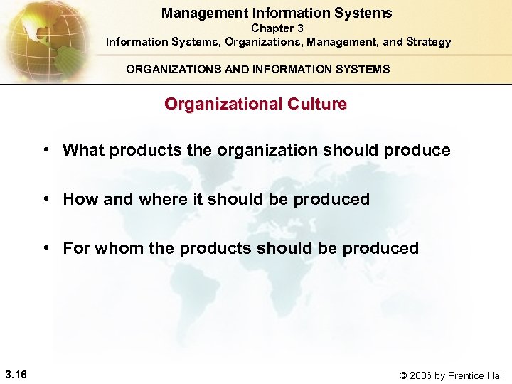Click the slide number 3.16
coord(15,375)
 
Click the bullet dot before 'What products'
coord(46,150)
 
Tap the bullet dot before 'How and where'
coord(46,199)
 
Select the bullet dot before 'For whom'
coord(46,248)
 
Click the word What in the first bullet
coord(83,150)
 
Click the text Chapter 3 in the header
coord(277,28)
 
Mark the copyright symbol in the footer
coord(405,375)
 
